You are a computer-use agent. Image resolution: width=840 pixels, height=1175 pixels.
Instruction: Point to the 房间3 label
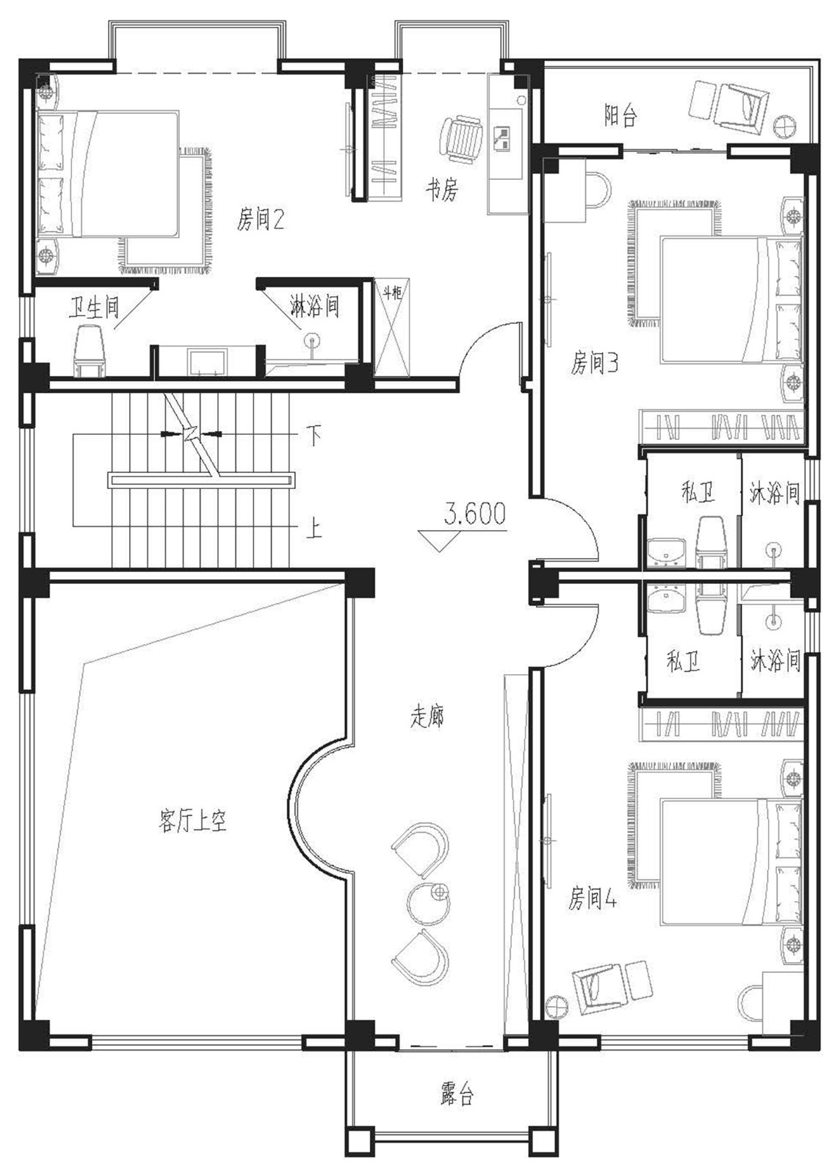click(x=594, y=364)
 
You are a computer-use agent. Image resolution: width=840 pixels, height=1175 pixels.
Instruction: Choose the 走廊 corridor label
click(x=427, y=716)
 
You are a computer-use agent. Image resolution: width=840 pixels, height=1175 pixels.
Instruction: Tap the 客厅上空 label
click(x=192, y=820)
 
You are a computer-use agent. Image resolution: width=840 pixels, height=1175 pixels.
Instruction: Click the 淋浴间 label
click(x=314, y=305)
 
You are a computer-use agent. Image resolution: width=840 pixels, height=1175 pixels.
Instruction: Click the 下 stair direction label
click(x=314, y=435)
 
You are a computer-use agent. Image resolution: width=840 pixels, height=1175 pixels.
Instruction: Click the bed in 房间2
click(x=107, y=173)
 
